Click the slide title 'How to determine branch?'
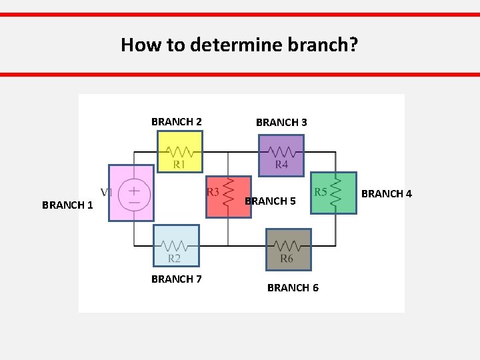click(x=239, y=45)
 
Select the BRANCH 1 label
click(x=67, y=205)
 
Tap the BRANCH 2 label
click(x=177, y=122)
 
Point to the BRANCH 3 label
click(x=281, y=123)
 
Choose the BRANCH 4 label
click(x=387, y=194)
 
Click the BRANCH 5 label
click(x=271, y=201)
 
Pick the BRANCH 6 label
click(x=293, y=288)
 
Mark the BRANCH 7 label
click(x=177, y=279)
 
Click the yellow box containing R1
click(x=179, y=151)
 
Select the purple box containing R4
click(x=281, y=155)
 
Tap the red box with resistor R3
click(x=229, y=197)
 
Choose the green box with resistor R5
click(x=334, y=193)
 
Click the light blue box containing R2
click(x=176, y=246)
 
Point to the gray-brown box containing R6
click(x=289, y=249)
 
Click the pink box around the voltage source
click(x=131, y=193)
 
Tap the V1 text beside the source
click(x=106, y=191)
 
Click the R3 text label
click(x=213, y=192)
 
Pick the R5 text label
click(x=321, y=191)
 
